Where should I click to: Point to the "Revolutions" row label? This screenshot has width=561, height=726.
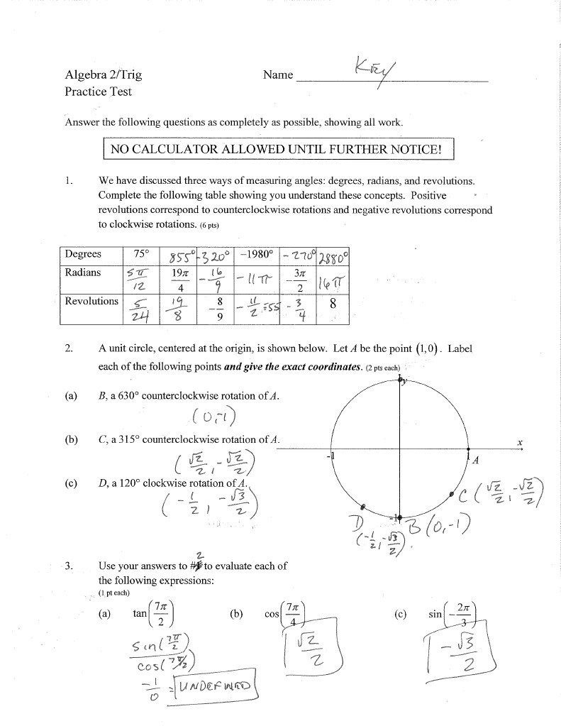(91, 301)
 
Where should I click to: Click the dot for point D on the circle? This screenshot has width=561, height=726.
(363, 507)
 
